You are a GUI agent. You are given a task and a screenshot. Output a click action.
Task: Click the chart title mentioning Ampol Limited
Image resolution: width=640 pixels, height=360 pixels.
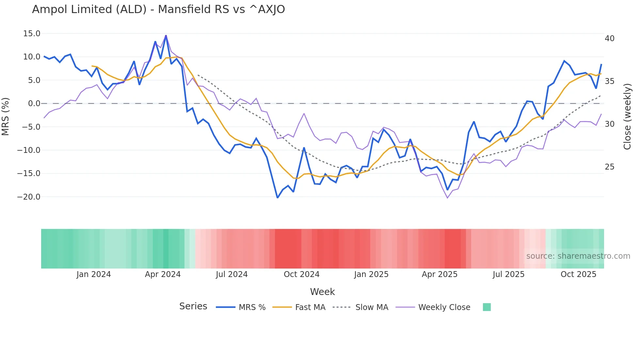point(158,9)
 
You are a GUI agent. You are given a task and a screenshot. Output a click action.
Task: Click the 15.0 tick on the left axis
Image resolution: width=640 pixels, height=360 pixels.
point(32,34)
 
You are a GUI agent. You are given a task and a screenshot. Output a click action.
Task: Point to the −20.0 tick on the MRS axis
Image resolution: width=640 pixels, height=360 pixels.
point(29,197)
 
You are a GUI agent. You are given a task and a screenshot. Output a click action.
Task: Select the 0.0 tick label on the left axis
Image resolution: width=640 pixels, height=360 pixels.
point(34,104)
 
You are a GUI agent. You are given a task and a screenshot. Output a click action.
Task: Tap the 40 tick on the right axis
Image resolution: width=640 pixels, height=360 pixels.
point(609,39)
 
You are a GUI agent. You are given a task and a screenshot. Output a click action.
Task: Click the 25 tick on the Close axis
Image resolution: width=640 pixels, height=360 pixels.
point(609,167)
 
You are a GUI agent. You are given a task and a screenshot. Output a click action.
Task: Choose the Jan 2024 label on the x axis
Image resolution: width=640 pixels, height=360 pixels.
point(94,274)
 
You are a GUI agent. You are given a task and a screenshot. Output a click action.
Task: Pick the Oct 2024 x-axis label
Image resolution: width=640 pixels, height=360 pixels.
point(301,274)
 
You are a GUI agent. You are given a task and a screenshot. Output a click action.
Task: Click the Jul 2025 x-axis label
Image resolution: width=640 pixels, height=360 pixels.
point(508,274)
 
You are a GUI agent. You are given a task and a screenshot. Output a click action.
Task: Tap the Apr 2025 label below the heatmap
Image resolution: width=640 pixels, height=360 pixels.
point(440,274)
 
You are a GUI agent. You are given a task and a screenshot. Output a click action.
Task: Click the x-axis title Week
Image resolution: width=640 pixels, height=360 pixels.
point(322,292)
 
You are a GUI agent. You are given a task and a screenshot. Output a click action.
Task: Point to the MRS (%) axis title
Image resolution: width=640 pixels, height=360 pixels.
point(6,116)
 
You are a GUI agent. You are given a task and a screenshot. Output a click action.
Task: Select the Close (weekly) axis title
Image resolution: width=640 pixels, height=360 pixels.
point(627,117)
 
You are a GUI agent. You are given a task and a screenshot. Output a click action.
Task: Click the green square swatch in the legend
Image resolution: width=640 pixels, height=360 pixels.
point(487,307)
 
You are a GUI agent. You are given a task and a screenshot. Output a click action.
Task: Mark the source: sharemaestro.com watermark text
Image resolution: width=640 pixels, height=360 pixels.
point(578,256)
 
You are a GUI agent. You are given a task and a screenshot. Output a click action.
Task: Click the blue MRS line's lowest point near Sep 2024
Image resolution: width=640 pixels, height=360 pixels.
point(278,198)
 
